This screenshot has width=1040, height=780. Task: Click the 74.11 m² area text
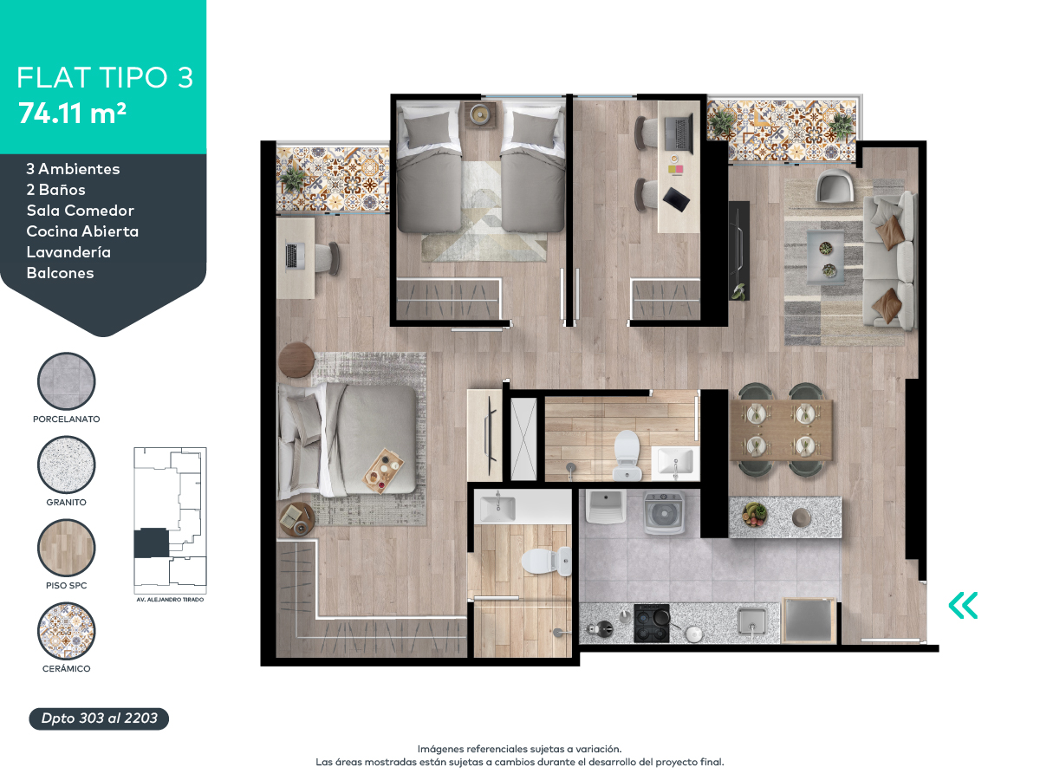coord(72,114)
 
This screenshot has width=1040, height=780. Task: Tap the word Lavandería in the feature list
coord(68,252)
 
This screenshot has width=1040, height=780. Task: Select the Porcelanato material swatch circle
coord(67,380)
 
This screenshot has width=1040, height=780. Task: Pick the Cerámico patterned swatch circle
coord(67,631)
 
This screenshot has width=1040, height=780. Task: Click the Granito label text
coord(67,502)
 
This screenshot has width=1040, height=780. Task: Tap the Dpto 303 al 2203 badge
coord(99,718)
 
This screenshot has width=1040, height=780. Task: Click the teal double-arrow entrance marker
coord(963,605)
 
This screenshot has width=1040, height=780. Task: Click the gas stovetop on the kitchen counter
coord(652,623)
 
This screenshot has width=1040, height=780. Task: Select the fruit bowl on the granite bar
coord(754,514)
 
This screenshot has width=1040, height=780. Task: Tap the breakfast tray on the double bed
coord(383,470)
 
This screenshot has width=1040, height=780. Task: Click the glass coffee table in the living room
coord(825,257)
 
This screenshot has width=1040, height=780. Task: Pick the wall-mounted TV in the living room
coord(738,250)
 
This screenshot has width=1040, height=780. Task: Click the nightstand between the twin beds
coord(480,114)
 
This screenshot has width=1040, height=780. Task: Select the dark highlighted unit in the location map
coord(151,543)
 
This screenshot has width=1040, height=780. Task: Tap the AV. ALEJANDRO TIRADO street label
coord(170,600)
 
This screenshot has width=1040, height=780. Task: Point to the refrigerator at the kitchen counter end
coord(809,621)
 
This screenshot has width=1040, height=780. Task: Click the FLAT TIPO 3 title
coord(105,78)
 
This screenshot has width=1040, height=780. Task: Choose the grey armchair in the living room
coord(835,187)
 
